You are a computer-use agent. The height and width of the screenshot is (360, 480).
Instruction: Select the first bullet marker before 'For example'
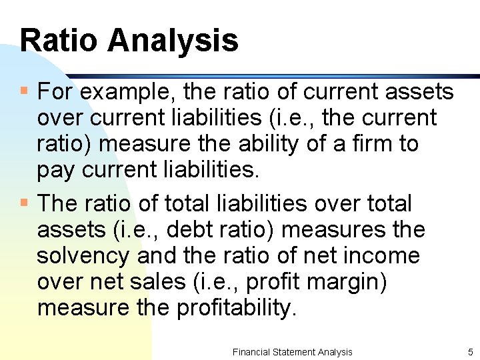click(x=24, y=90)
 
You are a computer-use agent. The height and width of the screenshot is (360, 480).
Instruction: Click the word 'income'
click(x=382, y=257)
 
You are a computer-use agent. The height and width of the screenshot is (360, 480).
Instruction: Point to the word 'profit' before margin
click(x=271, y=283)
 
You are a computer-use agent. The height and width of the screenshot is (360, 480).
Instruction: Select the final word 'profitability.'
click(x=236, y=309)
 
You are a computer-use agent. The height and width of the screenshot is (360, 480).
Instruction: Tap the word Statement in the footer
click(x=295, y=351)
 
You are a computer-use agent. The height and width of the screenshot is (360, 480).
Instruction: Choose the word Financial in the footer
click(x=251, y=351)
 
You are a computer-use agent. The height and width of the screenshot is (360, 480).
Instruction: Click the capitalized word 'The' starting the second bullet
click(x=56, y=203)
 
